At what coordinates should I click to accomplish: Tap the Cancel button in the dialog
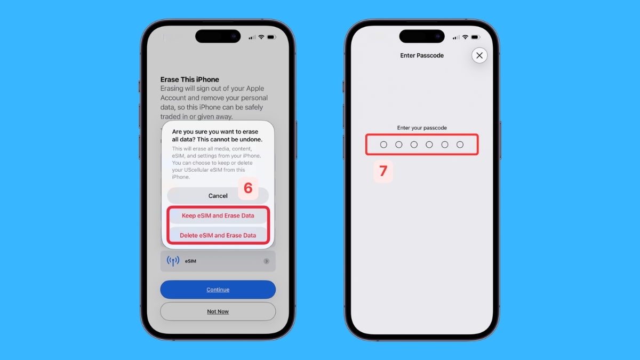click(x=218, y=196)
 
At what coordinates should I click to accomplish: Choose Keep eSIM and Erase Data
click(x=218, y=216)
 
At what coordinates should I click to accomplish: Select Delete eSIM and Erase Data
click(x=218, y=235)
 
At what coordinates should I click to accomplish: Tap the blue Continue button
click(x=218, y=290)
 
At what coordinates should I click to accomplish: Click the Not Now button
click(x=218, y=311)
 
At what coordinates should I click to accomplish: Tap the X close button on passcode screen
click(x=479, y=55)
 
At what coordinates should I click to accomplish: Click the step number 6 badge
click(x=248, y=188)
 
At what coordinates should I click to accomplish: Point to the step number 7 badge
click(x=383, y=171)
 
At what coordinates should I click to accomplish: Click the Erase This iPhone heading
click(x=190, y=79)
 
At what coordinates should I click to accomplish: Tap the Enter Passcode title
click(x=422, y=55)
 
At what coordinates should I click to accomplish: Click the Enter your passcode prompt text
click(x=422, y=128)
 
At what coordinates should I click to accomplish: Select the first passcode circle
click(x=383, y=145)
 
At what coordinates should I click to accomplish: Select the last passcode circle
click(x=460, y=145)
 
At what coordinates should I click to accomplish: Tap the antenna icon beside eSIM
click(x=173, y=261)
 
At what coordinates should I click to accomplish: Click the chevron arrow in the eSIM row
click(x=266, y=261)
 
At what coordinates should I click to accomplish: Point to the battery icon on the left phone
click(x=271, y=37)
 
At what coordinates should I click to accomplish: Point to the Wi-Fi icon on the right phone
click(x=465, y=37)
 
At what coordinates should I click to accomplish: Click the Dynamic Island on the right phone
click(x=421, y=36)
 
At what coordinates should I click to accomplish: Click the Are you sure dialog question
click(x=215, y=135)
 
